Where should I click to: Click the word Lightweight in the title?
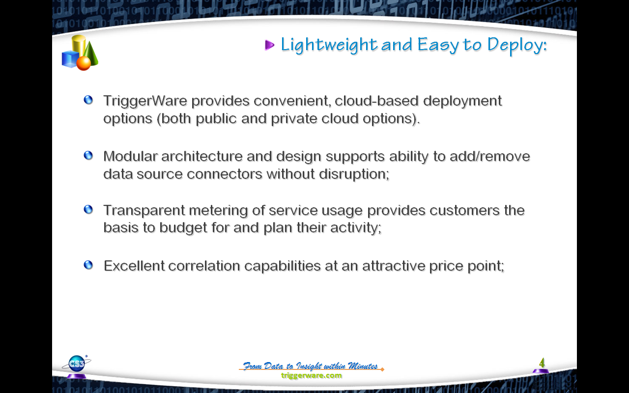click(x=329, y=45)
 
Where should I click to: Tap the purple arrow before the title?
click(x=270, y=45)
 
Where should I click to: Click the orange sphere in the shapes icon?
click(x=84, y=63)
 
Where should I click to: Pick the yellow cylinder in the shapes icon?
click(x=79, y=45)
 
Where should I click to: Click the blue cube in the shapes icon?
click(x=70, y=59)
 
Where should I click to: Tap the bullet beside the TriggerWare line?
click(x=88, y=100)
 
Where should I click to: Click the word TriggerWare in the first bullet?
click(x=145, y=101)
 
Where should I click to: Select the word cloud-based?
click(x=376, y=101)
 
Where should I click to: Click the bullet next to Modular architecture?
click(x=88, y=155)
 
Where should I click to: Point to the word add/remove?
click(x=490, y=156)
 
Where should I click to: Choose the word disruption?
click(x=354, y=174)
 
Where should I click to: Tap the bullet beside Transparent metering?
click(x=88, y=209)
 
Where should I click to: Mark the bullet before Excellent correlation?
click(x=88, y=265)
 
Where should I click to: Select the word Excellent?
click(x=134, y=266)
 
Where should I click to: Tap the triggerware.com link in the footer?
click(x=312, y=375)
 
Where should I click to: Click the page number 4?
click(x=542, y=363)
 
